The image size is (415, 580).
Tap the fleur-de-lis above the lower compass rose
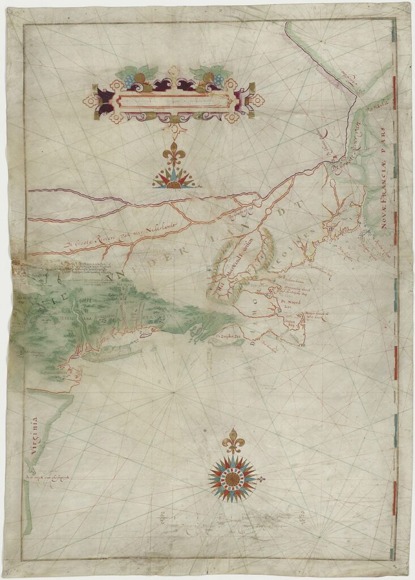(230, 440)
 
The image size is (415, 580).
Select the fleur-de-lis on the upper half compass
(173, 152)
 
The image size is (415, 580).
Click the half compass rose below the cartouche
(173, 178)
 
